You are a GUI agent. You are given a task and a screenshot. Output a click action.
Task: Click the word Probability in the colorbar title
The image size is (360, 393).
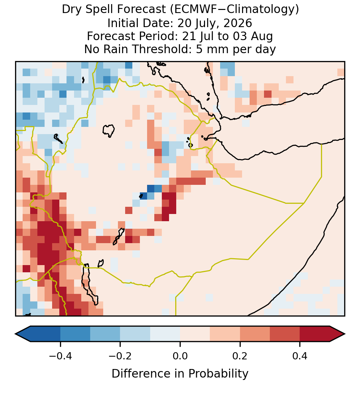tap(218, 374)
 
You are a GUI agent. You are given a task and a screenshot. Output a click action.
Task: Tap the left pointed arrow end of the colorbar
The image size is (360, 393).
tap(15, 334)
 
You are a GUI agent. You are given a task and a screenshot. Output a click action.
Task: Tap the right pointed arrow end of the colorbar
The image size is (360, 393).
tap(345, 334)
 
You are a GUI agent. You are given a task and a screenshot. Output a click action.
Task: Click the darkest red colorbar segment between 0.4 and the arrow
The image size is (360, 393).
tap(315, 334)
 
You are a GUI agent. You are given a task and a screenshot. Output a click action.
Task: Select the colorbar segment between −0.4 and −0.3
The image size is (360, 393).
tap(75, 334)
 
